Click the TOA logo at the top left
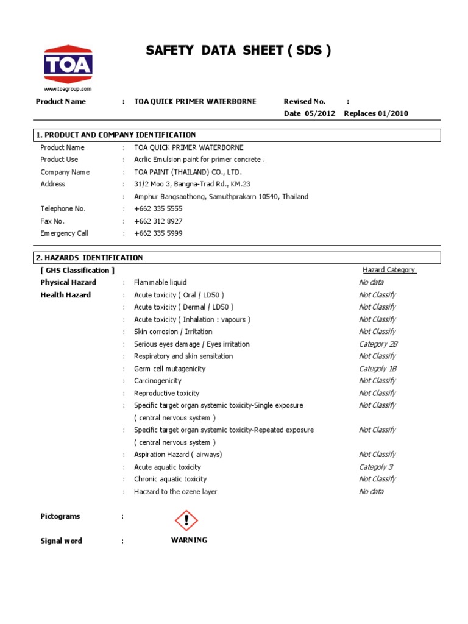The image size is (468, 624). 67,64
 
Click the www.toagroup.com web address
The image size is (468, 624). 67,89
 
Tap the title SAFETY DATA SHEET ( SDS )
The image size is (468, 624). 239,51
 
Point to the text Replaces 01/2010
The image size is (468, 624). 376,113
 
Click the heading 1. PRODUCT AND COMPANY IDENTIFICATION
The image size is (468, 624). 116,135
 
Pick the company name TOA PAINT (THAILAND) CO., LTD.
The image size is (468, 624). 188,172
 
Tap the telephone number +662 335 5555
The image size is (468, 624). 158,208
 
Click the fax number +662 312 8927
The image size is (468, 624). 158,221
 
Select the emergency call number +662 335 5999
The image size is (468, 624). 158,233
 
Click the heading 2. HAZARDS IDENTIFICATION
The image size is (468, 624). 89,258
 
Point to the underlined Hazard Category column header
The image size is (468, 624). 389,270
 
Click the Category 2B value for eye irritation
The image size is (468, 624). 378,344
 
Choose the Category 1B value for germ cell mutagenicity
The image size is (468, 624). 378,369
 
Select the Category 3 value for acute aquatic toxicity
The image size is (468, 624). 375,467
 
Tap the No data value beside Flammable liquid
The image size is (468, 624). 371,282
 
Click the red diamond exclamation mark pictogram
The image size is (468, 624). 186,520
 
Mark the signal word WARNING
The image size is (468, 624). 189,540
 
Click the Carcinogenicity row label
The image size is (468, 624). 158,381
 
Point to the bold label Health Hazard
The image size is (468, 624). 65,295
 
